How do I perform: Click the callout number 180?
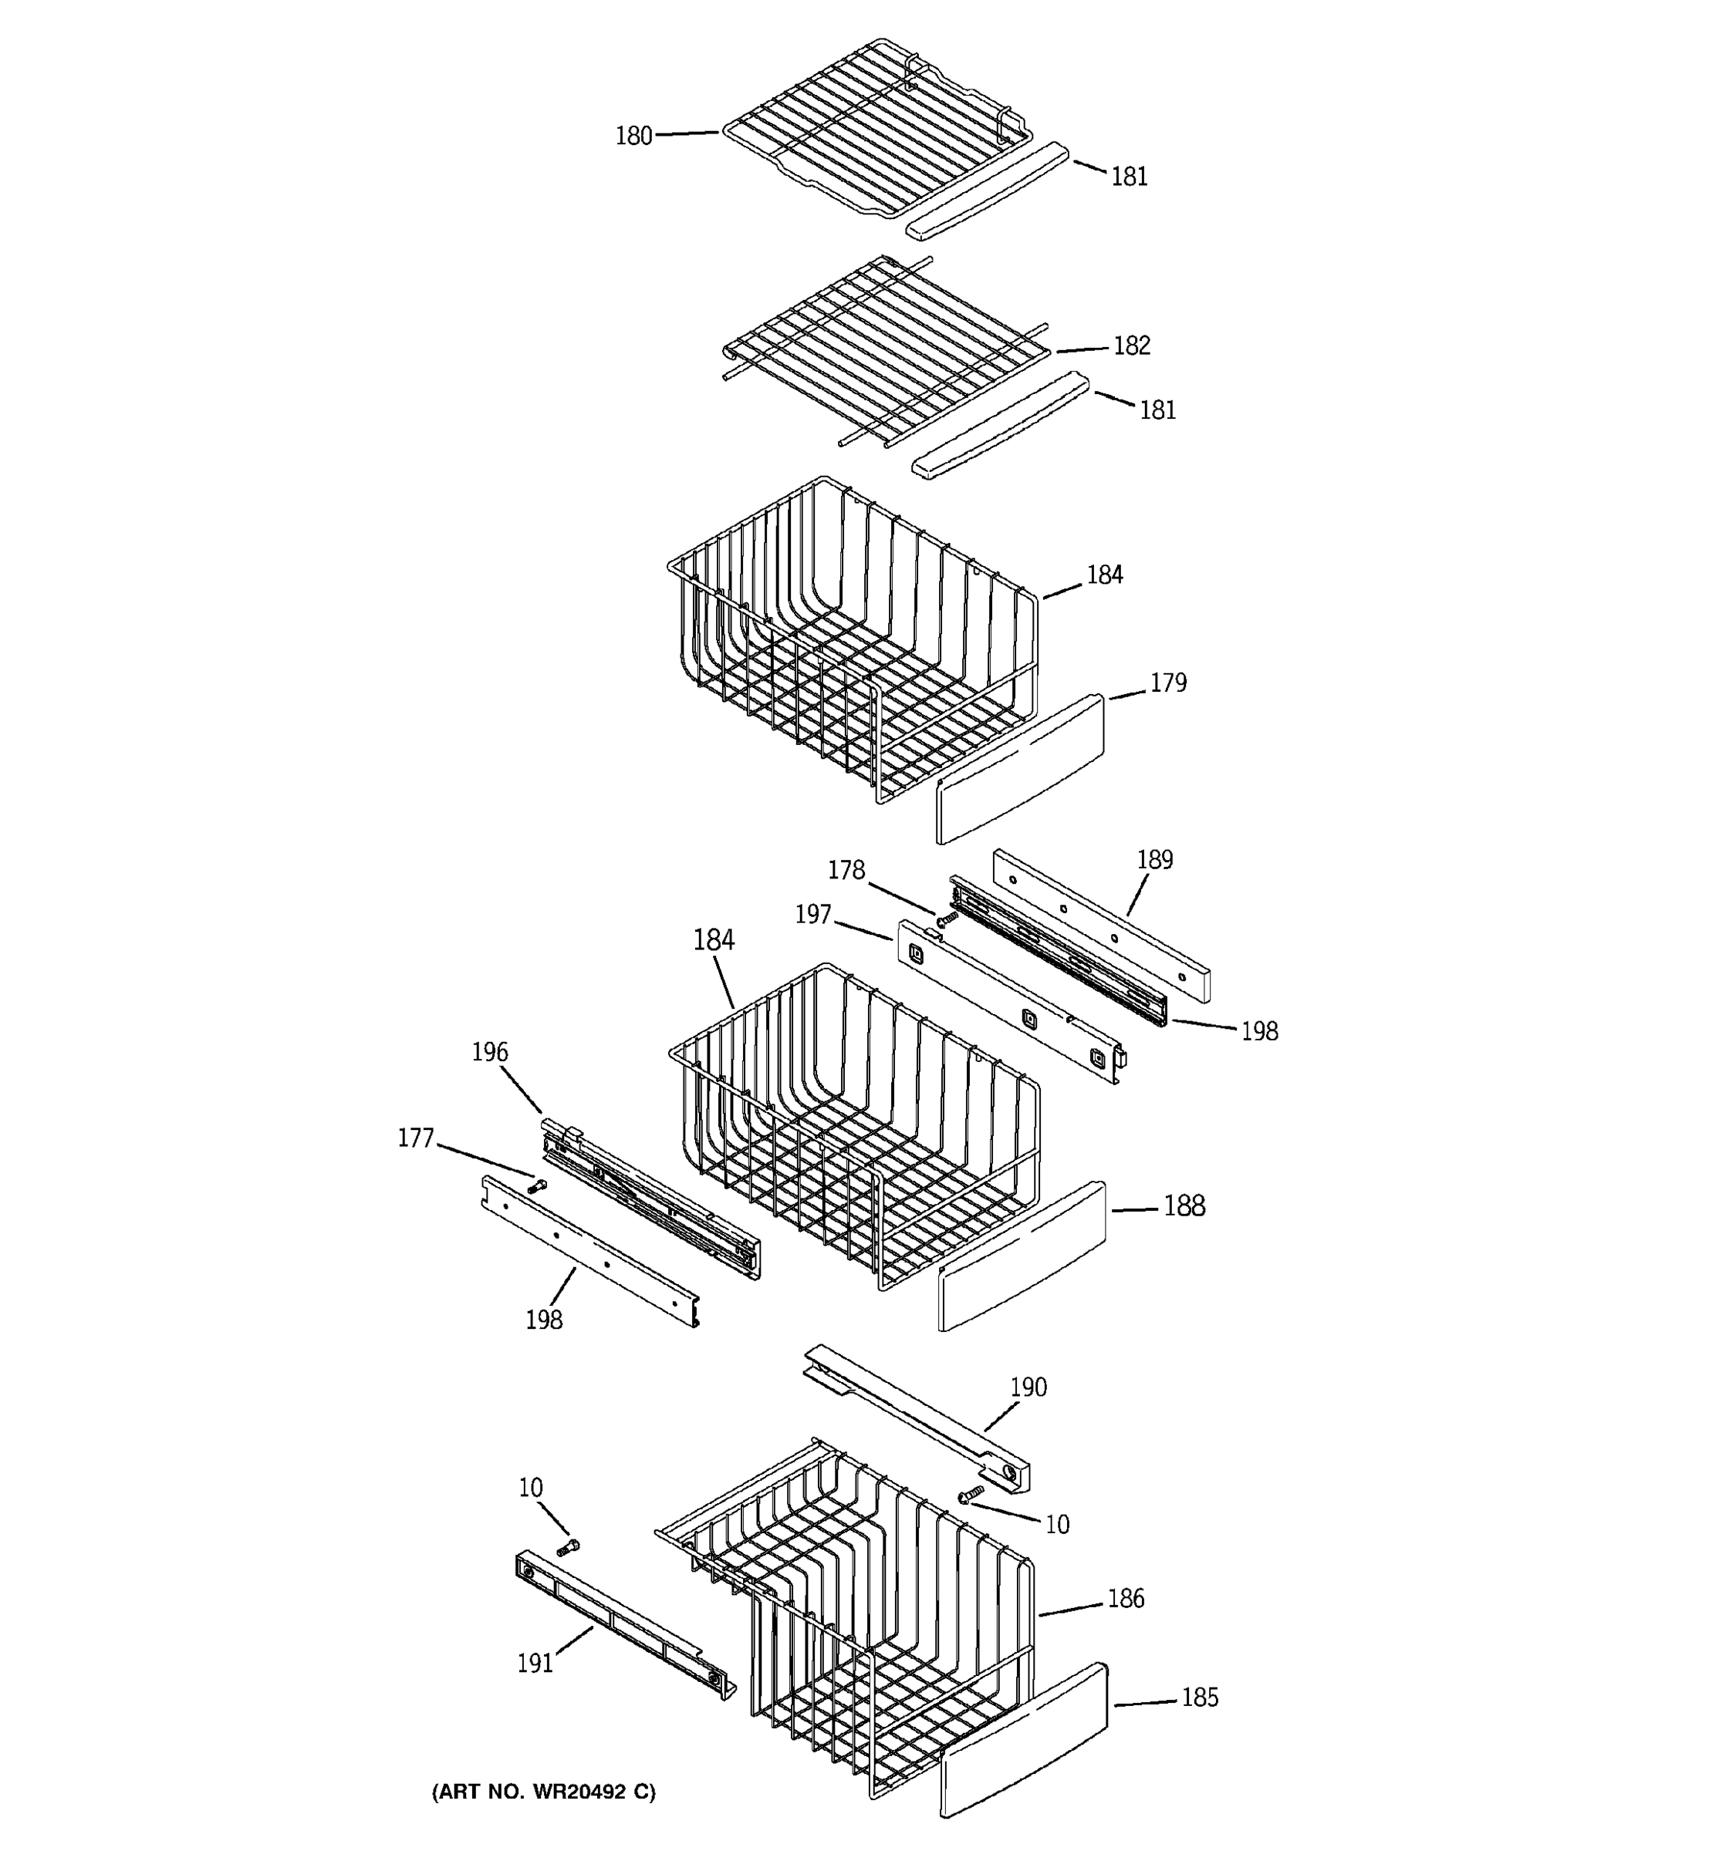[633, 136]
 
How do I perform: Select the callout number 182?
[1132, 346]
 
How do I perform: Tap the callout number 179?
[1168, 683]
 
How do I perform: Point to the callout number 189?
[1155, 859]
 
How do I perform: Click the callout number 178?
[846, 870]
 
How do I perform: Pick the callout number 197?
[813, 915]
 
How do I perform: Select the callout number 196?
[490, 1052]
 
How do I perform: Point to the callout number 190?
[1029, 1387]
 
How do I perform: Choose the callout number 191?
[535, 1662]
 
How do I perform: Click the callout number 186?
[1125, 1599]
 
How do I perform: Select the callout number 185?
[1200, 1698]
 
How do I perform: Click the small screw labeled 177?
[536, 1186]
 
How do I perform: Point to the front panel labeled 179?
[1019, 769]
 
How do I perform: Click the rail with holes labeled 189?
[1101, 924]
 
